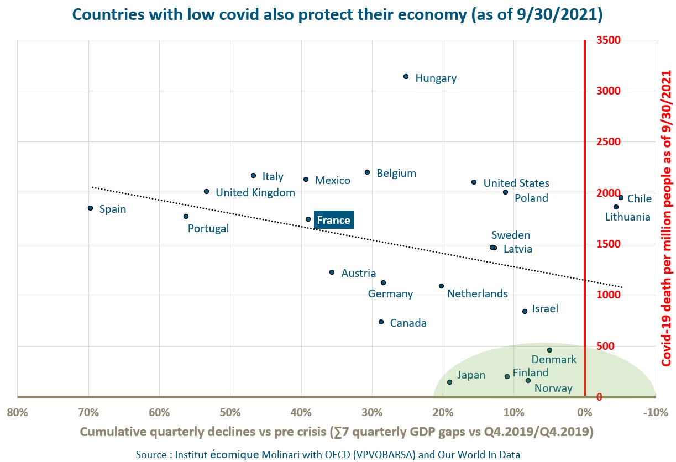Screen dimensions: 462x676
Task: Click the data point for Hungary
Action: [406, 77]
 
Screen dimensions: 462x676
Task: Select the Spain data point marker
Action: [90, 208]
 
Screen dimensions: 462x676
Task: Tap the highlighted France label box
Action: [333, 220]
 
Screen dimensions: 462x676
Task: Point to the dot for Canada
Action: [381, 322]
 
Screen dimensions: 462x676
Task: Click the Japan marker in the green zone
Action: [449, 382]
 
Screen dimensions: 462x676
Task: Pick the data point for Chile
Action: [621, 197]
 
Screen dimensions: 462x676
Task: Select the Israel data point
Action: [525, 311]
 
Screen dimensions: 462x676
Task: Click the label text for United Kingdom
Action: [255, 193]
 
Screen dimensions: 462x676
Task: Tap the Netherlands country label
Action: [477, 293]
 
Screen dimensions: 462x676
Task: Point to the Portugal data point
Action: [186, 216]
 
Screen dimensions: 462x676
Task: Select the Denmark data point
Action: [549, 350]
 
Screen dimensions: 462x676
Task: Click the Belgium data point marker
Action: [367, 172]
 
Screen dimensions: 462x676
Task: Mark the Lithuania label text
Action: [627, 217]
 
